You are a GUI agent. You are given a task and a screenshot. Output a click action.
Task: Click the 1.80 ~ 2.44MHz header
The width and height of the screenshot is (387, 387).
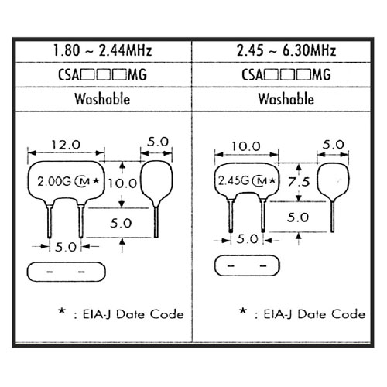(102, 50)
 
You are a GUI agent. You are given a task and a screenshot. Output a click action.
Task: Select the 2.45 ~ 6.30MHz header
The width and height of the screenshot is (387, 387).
(286, 50)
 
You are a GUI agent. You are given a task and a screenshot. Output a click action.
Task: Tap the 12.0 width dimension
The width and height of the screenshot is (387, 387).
(66, 145)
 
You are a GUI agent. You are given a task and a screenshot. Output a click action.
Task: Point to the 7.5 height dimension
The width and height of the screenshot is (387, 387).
(299, 182)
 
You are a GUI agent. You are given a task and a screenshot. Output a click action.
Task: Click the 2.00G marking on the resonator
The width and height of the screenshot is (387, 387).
(54, 181)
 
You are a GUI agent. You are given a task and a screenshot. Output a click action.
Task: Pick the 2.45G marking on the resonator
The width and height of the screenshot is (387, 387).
(234, 180)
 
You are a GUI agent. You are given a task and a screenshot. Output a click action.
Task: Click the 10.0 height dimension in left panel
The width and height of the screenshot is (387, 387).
(122, 183)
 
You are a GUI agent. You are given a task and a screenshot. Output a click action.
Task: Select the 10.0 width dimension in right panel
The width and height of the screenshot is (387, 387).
(246, 146)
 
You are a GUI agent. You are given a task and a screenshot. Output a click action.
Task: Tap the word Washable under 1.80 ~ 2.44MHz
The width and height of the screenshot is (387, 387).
(102, 99)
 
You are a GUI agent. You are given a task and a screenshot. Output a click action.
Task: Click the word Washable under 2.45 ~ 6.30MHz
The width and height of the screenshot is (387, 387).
(286, 99)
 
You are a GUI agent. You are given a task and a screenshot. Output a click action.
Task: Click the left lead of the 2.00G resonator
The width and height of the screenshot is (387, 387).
(50, 221)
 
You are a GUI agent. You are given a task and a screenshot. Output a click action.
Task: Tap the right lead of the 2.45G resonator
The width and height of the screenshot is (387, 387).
(263, 216)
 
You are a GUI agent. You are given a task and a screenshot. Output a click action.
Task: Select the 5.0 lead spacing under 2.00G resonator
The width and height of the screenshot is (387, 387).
(66, 247)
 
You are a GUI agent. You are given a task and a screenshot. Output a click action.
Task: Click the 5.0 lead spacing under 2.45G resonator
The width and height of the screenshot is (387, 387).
(247, 239)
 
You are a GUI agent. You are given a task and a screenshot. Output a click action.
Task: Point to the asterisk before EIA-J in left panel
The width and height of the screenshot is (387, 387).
(62, 310)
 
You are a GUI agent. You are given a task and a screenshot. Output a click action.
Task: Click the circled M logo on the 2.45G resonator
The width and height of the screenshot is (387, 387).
(260, 180)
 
